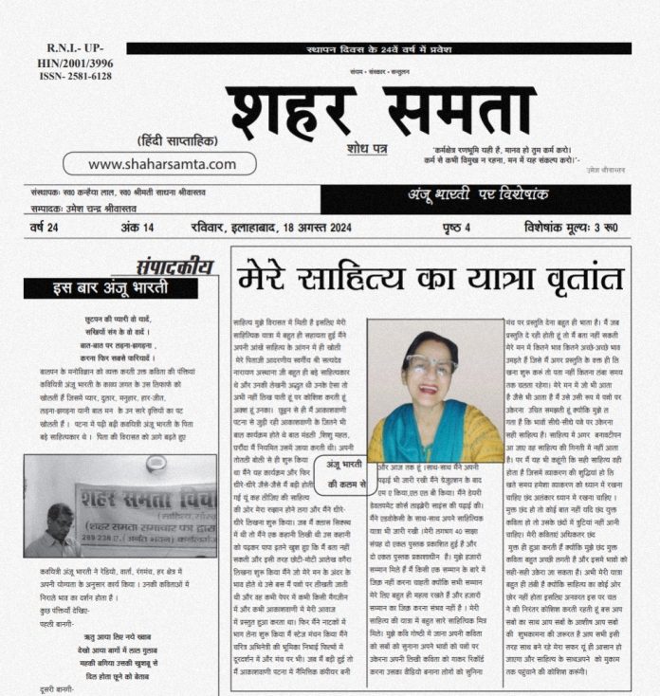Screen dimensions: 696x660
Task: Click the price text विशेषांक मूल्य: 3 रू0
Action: pos(569,228)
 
